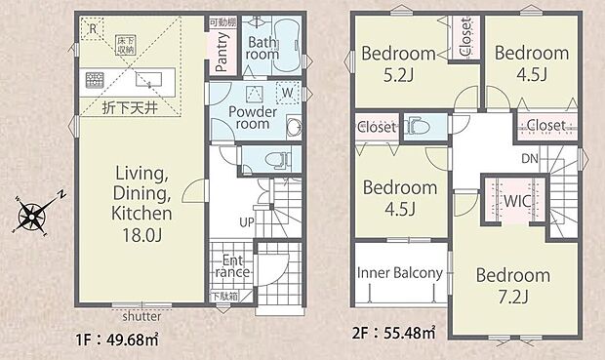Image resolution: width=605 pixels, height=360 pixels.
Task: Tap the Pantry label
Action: [x=221, y=54]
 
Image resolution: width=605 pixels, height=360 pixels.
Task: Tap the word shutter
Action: [x=142, y=317]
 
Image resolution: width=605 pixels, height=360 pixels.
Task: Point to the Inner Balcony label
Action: [x=400, y=273]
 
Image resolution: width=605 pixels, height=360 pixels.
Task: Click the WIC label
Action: [x=516, y=200]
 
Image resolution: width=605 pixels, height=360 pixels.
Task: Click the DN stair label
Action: [x=531, y=158]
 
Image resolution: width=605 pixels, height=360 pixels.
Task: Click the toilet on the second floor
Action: [x=415, y=125]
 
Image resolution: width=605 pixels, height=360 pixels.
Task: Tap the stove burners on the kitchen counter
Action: [x=97, y=79]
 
